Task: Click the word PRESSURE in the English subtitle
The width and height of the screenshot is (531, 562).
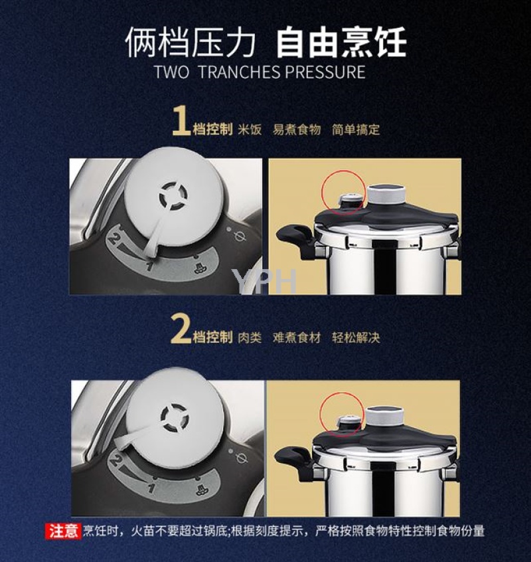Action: point(325,72)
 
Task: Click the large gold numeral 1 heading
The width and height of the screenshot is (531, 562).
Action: point(181,122)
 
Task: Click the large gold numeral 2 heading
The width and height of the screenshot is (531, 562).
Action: point(181,329)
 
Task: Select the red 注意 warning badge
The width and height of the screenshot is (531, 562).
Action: point(63,531)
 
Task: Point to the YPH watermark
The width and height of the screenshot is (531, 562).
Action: point(265,281)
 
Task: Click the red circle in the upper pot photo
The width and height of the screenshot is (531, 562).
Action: point(343,192)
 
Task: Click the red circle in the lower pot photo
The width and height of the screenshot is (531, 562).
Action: point(341,414)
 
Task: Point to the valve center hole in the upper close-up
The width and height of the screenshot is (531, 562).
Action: point(173,196)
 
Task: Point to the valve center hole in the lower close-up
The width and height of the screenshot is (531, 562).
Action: point(174,417)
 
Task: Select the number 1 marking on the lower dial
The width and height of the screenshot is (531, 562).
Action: point(152,488)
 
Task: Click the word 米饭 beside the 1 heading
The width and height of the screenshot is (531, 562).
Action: point(250,130)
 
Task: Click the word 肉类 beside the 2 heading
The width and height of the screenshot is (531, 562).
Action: point(250,337)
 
